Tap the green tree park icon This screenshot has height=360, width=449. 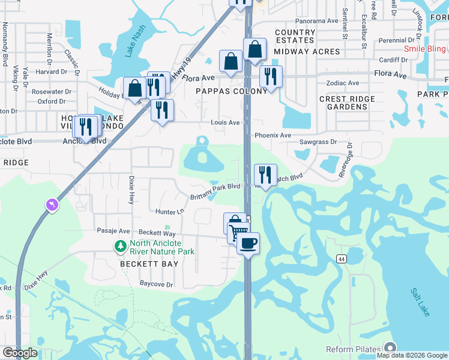[120, 246]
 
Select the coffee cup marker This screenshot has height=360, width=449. [247, 243]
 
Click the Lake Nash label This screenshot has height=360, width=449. [136, 44]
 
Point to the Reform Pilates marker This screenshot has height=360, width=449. [391, 348]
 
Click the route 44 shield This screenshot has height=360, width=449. [341, 259]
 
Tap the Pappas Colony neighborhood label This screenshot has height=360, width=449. [231, 91]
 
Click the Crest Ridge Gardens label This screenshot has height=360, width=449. [347, 103]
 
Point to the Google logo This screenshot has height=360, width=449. [20, 353]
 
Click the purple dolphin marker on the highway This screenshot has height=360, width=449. [52, 205]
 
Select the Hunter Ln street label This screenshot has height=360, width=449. [169, 212]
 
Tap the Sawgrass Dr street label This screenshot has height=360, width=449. [319, 143]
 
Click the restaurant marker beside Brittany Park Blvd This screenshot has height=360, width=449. [265, 175]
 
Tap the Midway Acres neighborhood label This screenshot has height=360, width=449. [307, 52]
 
